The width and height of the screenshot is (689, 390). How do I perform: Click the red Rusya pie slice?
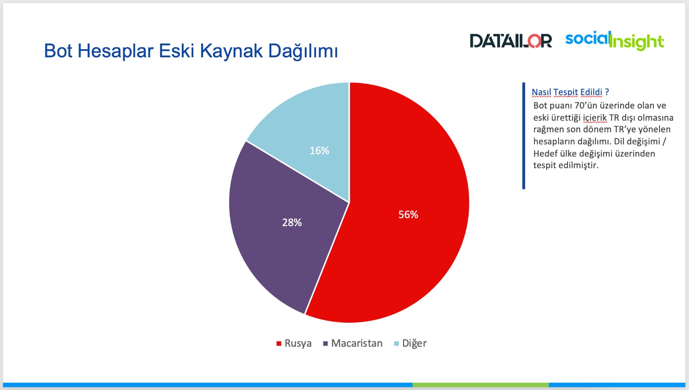click(400, 215)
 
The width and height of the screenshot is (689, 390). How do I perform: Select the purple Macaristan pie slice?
click(286, 228)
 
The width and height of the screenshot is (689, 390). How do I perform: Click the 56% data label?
click(408, 215)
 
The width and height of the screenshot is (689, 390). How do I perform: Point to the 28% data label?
click(292, 222)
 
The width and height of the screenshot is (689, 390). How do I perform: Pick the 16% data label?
click(319, 150)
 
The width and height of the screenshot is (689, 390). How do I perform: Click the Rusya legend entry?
click(294, 343)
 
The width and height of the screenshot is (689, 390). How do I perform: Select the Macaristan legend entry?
click(353, 343)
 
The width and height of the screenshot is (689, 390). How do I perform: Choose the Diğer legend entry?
click(410, 343)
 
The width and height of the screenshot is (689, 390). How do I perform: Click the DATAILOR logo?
click(511, 41)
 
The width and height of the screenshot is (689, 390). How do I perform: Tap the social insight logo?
click(615, 41)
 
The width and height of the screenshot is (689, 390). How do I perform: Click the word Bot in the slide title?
click(59, 51)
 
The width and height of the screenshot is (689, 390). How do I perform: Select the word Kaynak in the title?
click(231, 51)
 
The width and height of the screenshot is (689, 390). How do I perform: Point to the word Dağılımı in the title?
click(303, 51)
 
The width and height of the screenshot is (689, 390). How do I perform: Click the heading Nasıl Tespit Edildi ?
click(570, 92)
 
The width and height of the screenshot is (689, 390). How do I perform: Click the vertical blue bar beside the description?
click(524, 136)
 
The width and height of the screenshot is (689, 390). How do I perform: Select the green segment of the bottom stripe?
click(481, 385)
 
